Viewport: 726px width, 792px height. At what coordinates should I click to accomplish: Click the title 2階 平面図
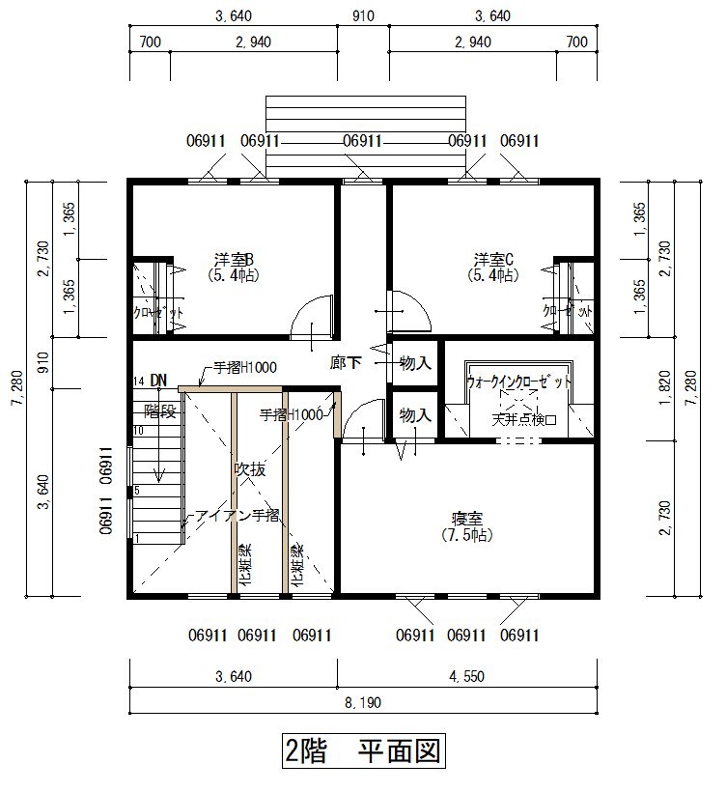point(363,750)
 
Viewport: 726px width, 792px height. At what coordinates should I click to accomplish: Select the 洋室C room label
point(491,260)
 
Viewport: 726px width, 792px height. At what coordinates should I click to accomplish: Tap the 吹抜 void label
point(249,470)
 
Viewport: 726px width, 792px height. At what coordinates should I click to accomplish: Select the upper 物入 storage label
point(414,363)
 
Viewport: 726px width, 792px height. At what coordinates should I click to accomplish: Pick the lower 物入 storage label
point(414,415)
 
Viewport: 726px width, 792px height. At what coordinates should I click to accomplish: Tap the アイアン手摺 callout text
point(237,516)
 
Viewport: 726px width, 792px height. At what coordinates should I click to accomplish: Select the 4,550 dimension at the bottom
point(465,676)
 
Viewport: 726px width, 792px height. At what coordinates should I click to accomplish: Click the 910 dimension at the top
point(363,15)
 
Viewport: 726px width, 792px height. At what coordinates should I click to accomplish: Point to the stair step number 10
point(138,430)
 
